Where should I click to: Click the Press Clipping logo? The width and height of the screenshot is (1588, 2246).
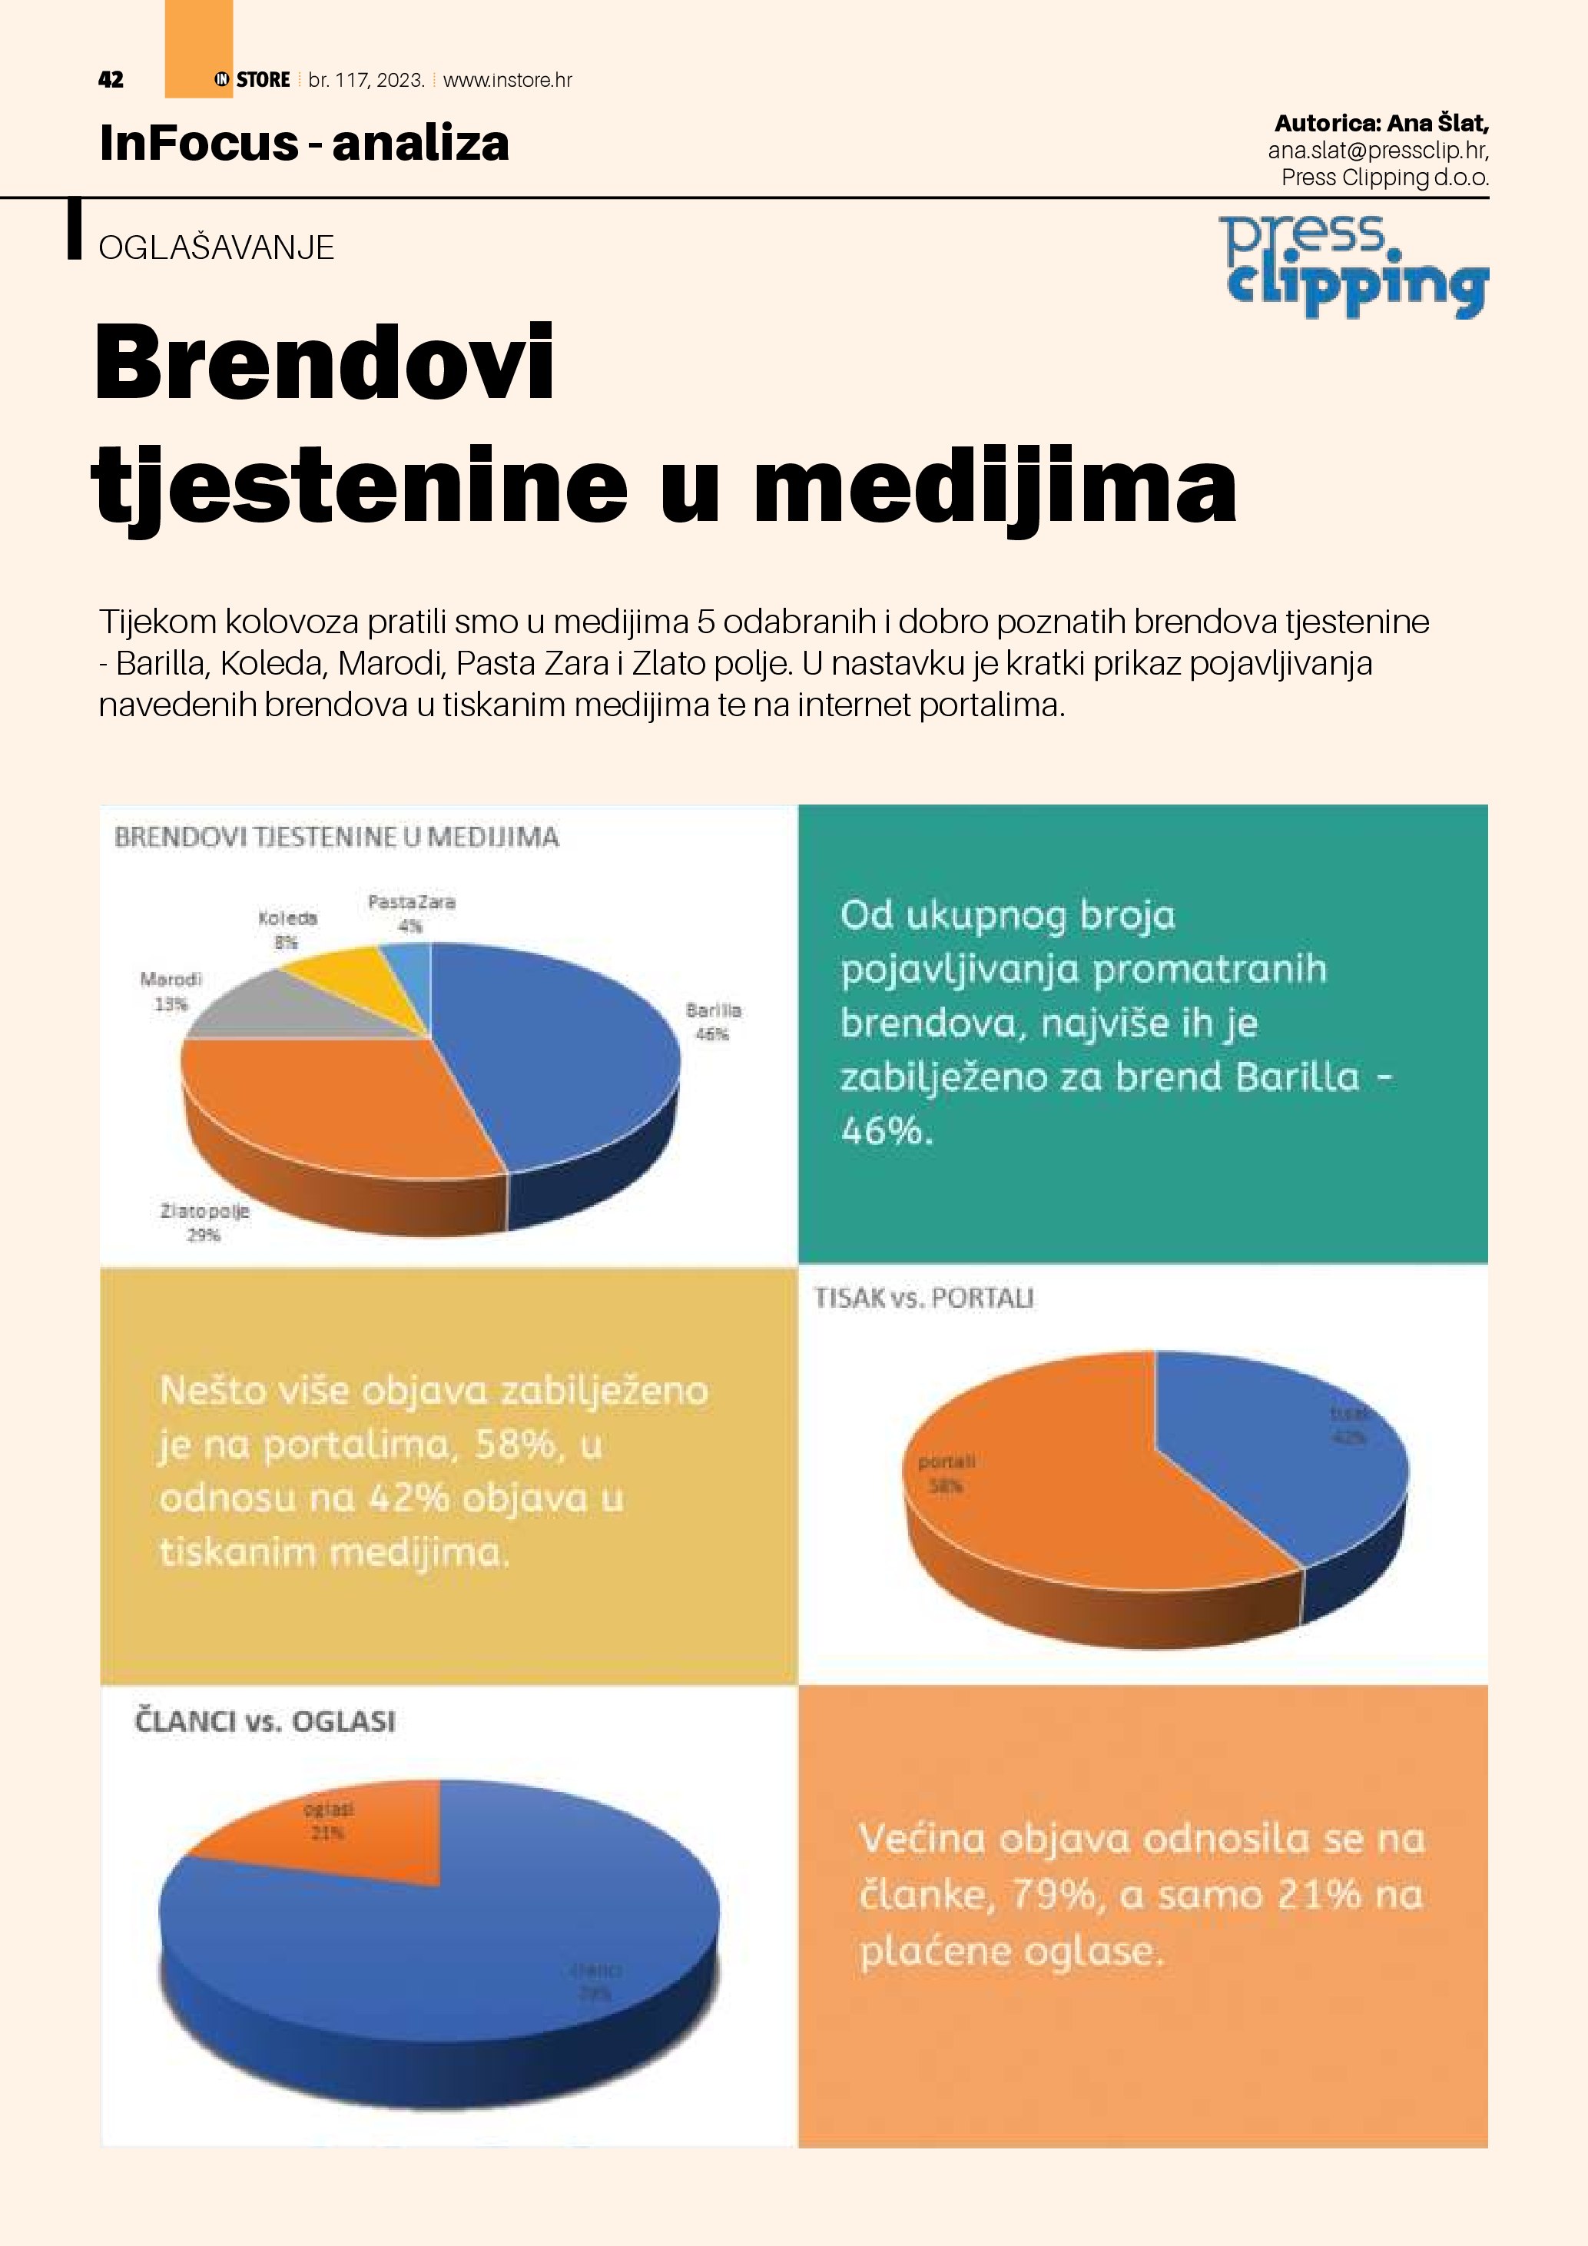[x=1354, y=266]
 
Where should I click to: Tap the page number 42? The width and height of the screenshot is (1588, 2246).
[x=111, y=80]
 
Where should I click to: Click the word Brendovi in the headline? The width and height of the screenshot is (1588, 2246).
[x=323, y=364]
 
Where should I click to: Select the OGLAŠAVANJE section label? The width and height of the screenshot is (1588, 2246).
[x=216, y=247]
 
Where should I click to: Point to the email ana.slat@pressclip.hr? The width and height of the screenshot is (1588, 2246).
[x=1377, y=151]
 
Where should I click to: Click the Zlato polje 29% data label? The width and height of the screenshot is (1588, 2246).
[x=204, y=1223]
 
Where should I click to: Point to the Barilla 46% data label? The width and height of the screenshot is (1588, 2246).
[x=713, y=1021]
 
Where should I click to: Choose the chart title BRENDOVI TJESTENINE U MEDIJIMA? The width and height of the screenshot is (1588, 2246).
[x=336, y=838]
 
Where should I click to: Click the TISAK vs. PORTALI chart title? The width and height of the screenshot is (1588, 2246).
[x=923, y=1298]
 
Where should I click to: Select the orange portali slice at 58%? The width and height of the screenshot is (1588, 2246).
[x=1056, y=1497]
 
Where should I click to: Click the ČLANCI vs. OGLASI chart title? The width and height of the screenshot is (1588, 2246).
[x=264, y=1720]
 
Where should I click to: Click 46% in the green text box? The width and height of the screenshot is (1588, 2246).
[x=885, y=1131]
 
